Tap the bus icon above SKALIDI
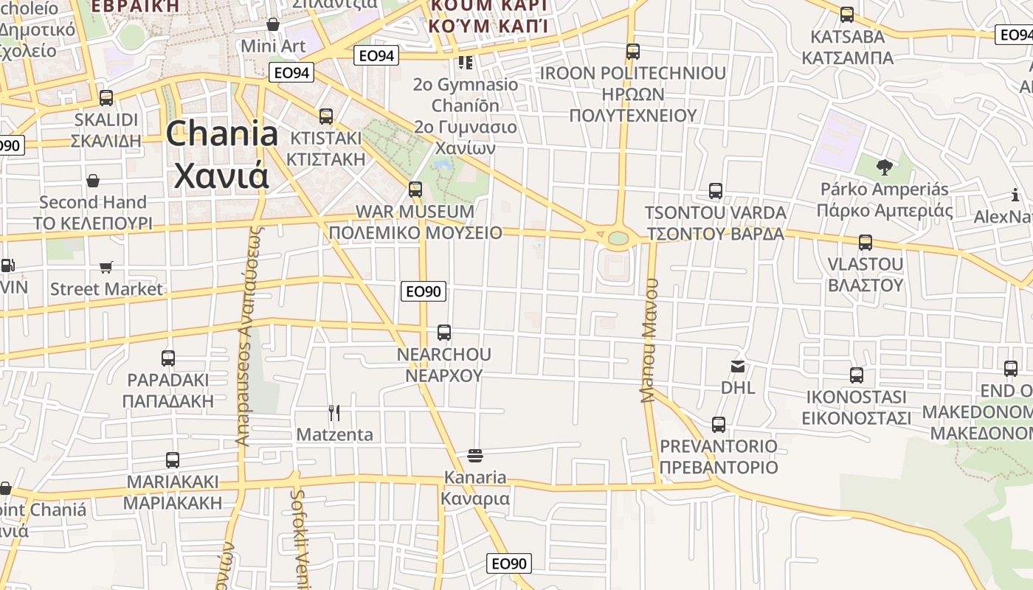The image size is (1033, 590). coord(106,97)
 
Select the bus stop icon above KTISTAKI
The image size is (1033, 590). coord(326,116)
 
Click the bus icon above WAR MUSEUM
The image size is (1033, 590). coord(415,190)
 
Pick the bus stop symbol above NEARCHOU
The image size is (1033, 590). coord(444,333)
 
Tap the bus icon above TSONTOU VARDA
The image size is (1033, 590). coord(715,191)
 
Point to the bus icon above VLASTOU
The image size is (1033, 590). coord(866,242)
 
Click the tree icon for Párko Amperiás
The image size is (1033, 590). coord(885,167)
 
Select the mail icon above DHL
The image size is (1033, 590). coord(738,366)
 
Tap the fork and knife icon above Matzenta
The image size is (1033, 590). coord(334,412)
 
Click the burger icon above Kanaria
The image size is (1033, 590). coord(475,456)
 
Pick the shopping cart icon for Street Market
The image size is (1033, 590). coord(106,267)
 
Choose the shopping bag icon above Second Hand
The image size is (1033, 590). coord(93,181)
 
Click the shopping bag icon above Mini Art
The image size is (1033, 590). coord(273,24)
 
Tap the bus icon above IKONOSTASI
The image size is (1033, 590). coord(856,375)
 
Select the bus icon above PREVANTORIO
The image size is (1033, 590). coord(719,425)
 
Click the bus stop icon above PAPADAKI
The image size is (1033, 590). coord(168,358)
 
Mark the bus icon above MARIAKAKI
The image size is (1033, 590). coord(173,460)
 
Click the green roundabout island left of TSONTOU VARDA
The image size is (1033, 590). coord(618,238)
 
